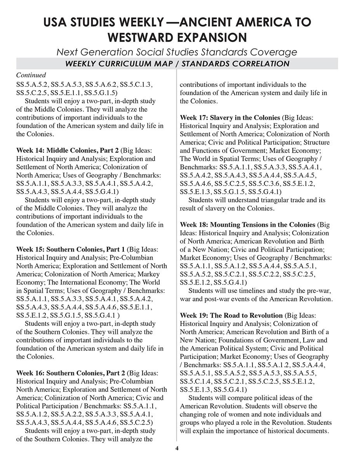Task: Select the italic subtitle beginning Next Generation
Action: (x=177, y=52)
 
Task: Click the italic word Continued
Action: (x=31, y=75)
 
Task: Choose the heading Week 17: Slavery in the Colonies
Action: (x=230, y=117)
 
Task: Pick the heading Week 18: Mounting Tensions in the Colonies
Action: (x=247, y=225)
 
